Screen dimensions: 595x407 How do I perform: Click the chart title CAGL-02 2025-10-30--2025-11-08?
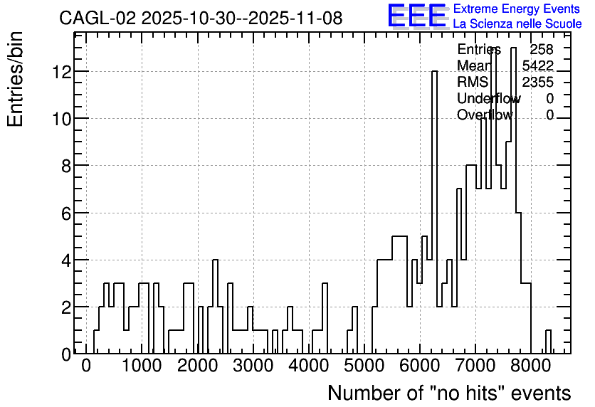[201, 18]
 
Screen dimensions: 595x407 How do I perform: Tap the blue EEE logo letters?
[417, 16]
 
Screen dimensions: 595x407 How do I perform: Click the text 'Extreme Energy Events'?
[517, 9]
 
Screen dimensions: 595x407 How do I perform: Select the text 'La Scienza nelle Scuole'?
[517, 24]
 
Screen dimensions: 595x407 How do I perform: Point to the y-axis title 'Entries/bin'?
[16, 79]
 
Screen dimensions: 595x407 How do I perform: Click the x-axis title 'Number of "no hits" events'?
[449, 393]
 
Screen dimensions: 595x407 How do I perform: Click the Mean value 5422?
[537, 65]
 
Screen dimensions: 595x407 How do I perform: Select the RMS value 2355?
[537, 82]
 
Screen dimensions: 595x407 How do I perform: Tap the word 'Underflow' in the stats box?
[489, 98]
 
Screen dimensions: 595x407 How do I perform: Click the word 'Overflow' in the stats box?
[485, 115]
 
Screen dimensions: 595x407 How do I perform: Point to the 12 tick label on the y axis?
[61, 72]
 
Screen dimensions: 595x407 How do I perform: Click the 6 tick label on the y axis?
[66, 213]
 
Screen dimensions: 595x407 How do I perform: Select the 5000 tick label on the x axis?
[364, 366]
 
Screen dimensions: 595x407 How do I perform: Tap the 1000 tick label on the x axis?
[142, 366]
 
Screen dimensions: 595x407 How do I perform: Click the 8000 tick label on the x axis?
[531, 366]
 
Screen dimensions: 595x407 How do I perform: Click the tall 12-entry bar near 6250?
[434, 212]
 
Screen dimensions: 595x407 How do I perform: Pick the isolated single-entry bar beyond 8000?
[548, 342]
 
